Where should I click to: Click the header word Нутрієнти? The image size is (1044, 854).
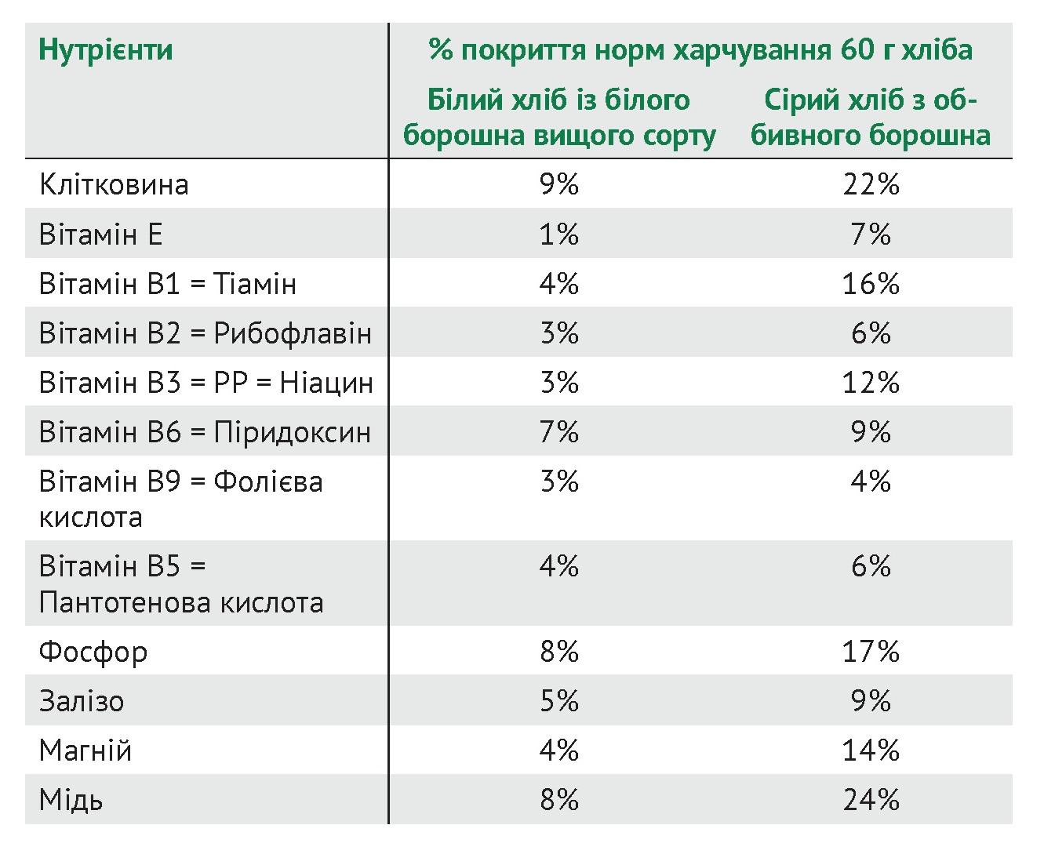pyautogui.click(x=106, y=50)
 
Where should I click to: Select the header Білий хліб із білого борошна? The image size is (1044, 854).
pyautogui.click(x=558, y=118)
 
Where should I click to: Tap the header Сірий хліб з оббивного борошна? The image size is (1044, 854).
pyautogui.click(x=871, y=118)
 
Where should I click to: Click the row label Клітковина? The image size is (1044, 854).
pyautogui.click(x=114, y=185)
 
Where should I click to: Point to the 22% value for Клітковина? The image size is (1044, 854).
pyautogui.click(x=871, y=185)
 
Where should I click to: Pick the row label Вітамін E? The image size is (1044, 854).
pyautogui.click(x=100, y=234)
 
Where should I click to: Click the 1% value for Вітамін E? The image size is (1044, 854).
pyautogui.click(x=558, y=234)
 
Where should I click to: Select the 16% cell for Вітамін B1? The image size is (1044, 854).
pyautogui.click(x=871, y=284)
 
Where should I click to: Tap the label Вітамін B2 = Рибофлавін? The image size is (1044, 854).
pyautogui.click(x=205, y=334)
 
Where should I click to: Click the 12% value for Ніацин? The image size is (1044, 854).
pyautogui.click(x=871, y=383)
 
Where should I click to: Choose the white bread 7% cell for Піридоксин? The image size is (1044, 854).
pyautogui.click(x=558, y=433)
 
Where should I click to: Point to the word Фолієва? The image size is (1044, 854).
pyautogui.click(x=268, y=482)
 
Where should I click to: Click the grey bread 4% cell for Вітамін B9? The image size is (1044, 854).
pyautogui.click(x=871, y=482)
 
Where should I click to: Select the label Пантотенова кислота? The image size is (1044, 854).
pyautogui.click(x=181, y=603)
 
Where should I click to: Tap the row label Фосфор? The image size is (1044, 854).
pyautogui.click(x=93, y=652)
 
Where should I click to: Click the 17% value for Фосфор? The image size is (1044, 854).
pyautogui.click(x=871, y=652)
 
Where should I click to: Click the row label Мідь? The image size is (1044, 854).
pyautogui.click(x=71, y=801)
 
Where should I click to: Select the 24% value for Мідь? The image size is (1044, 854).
pyautogui.click(x=871, y=801)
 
